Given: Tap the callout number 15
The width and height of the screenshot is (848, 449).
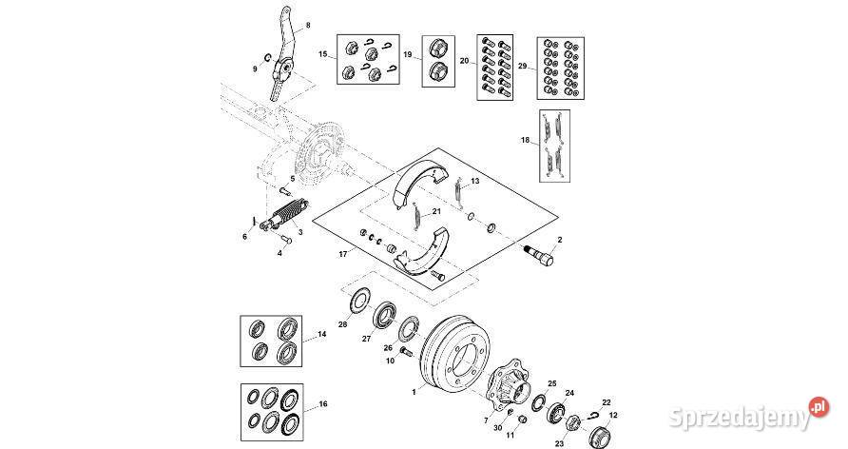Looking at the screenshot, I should [323, 55].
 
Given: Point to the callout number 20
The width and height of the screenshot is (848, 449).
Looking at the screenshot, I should [465, 61].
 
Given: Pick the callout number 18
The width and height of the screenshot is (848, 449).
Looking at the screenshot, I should [525, 140].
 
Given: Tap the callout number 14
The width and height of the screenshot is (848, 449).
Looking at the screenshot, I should [321, 334].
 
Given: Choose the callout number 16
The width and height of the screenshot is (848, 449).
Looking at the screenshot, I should [322, 404].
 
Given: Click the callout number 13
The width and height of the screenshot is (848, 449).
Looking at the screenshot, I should [475, 180].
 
